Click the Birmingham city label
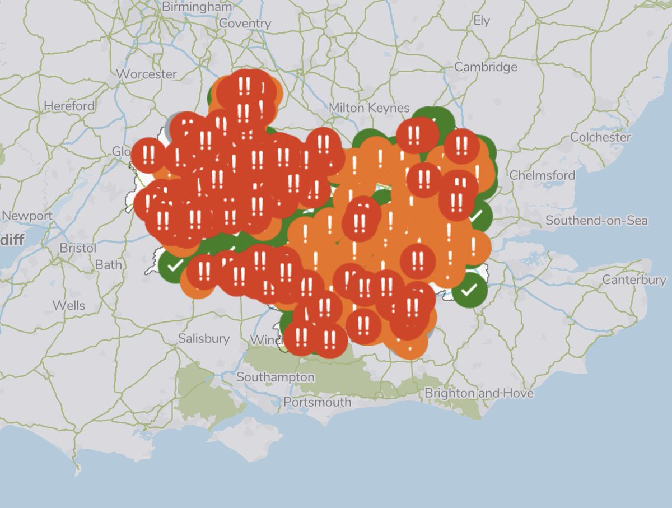click(x=197, y=7)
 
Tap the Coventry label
click(x=245, y=24)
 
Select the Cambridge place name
click(x=486, y=67)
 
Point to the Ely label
click(x=481, y=21)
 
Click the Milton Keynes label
click(x=369, y=108)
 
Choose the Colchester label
click(x=600, y=137)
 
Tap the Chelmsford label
click(x=542, y=175)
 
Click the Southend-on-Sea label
click(x=596, y=221)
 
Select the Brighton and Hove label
click(x=479, y=393)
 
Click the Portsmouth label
click(x=317, y=402)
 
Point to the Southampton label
click(x=275, y=377)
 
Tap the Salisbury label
click(x=204, y=338)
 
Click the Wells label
click(x=69, y=305)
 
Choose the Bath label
click(x=109, y=264)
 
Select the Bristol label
click(x=78, y=248)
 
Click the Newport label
click(x=27, y=216)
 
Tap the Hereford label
click(x=69, y=106)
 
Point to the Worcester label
click(x=147, y=74)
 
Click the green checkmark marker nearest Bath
click(x=174, y=265)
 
